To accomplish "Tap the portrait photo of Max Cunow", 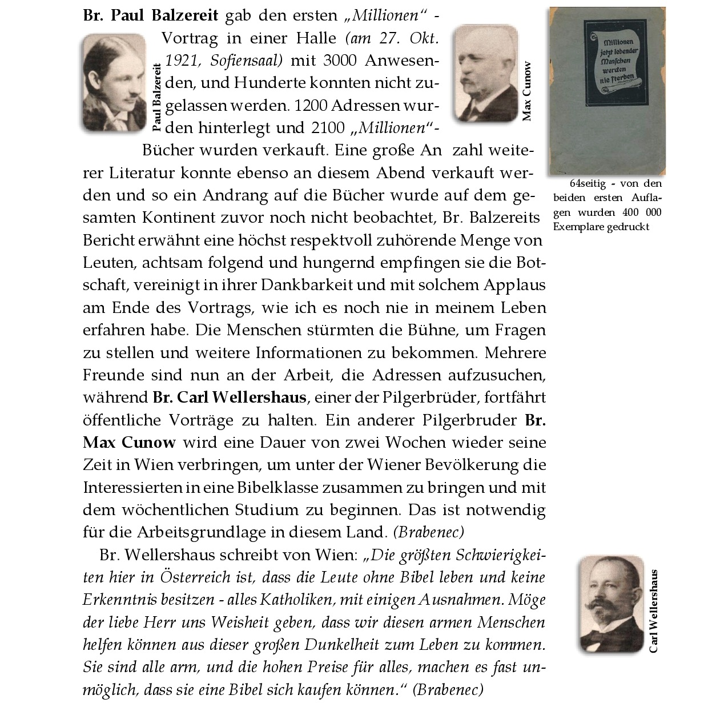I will coord(485,73).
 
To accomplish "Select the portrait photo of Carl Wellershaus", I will coord(611,604).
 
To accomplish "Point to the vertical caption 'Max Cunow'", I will coord(527,91).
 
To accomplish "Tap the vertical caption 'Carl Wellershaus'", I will coord(653,611).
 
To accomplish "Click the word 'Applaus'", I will coord(515,285).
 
